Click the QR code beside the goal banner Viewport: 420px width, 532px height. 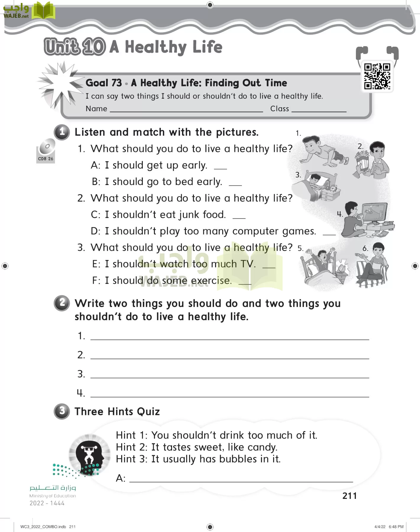[x=377, y=76]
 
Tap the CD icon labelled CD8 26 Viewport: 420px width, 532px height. [x=47, y=147]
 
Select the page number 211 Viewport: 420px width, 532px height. [x=349, y=496]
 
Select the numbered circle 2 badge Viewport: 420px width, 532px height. [x=62, y=303]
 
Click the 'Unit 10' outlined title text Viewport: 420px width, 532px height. [x=74, y=47]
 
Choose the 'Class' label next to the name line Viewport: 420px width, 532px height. [x=279, y=109]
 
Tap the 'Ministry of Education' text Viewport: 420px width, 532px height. [x=53, y=496]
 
